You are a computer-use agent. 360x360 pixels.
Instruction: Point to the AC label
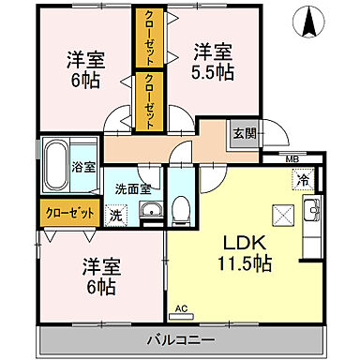(x=182, y=307)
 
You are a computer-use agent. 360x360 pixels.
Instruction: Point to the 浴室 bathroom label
(x=83, y=167)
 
